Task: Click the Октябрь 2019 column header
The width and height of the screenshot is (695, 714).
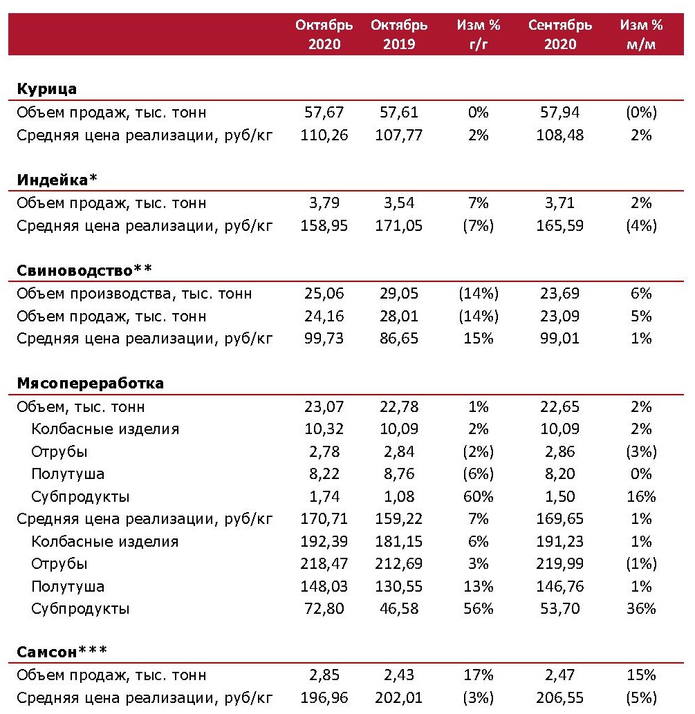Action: point(399,35)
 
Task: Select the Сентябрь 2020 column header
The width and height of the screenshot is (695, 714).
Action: point(560,35)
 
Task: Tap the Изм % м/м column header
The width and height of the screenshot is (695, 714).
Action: point(641,35)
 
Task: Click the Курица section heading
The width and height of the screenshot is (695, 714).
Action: point(46,89)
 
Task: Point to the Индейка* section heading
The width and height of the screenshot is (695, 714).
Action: point(57,180)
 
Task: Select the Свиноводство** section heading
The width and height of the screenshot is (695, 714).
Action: point(85,270)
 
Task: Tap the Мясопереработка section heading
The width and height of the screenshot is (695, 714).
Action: point(90,383)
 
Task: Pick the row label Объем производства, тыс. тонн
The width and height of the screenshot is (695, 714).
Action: point(134,293)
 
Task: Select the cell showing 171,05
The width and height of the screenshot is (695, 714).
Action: point(399,225)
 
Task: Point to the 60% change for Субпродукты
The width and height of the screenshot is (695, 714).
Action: point(478,496)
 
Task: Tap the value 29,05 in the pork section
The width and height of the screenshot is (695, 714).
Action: point(399,293)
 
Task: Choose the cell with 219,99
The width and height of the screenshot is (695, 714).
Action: point(560,564)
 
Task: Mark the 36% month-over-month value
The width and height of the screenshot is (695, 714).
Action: point(641,609)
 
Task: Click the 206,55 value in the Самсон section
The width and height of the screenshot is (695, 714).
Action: point(560,698)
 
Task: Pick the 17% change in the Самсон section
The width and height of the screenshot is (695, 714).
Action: point(478,675)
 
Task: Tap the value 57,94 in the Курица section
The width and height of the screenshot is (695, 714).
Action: point(560,112)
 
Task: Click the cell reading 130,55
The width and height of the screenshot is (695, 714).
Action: point(399,587)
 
